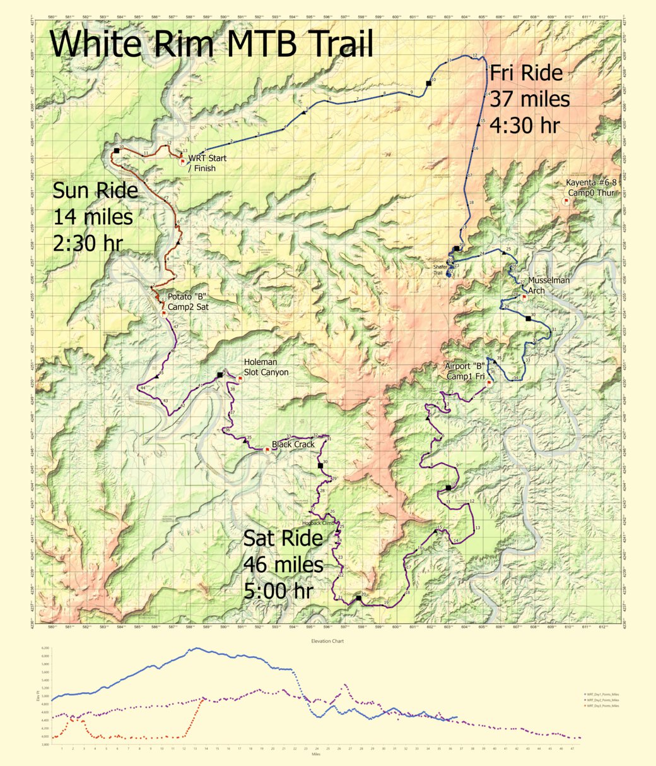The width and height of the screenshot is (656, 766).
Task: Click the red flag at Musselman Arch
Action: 524,296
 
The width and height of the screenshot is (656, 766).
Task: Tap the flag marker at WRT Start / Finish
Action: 183,161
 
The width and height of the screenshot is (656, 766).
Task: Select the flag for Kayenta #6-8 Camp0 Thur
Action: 566,200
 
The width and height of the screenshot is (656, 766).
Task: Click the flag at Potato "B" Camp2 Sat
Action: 163,313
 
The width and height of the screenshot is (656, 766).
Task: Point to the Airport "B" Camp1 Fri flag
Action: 489,382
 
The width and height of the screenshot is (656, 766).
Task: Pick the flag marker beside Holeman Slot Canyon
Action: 240,379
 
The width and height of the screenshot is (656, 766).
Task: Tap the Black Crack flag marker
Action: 267,450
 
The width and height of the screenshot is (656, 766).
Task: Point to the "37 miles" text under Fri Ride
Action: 530,99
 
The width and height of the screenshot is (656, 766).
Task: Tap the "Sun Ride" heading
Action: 95,190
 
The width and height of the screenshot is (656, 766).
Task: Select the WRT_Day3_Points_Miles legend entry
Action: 602,705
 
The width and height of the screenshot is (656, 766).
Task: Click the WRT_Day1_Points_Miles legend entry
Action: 602,694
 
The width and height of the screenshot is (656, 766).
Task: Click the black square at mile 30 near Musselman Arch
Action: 529,318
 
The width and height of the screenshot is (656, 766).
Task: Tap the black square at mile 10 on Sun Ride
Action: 117,151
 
